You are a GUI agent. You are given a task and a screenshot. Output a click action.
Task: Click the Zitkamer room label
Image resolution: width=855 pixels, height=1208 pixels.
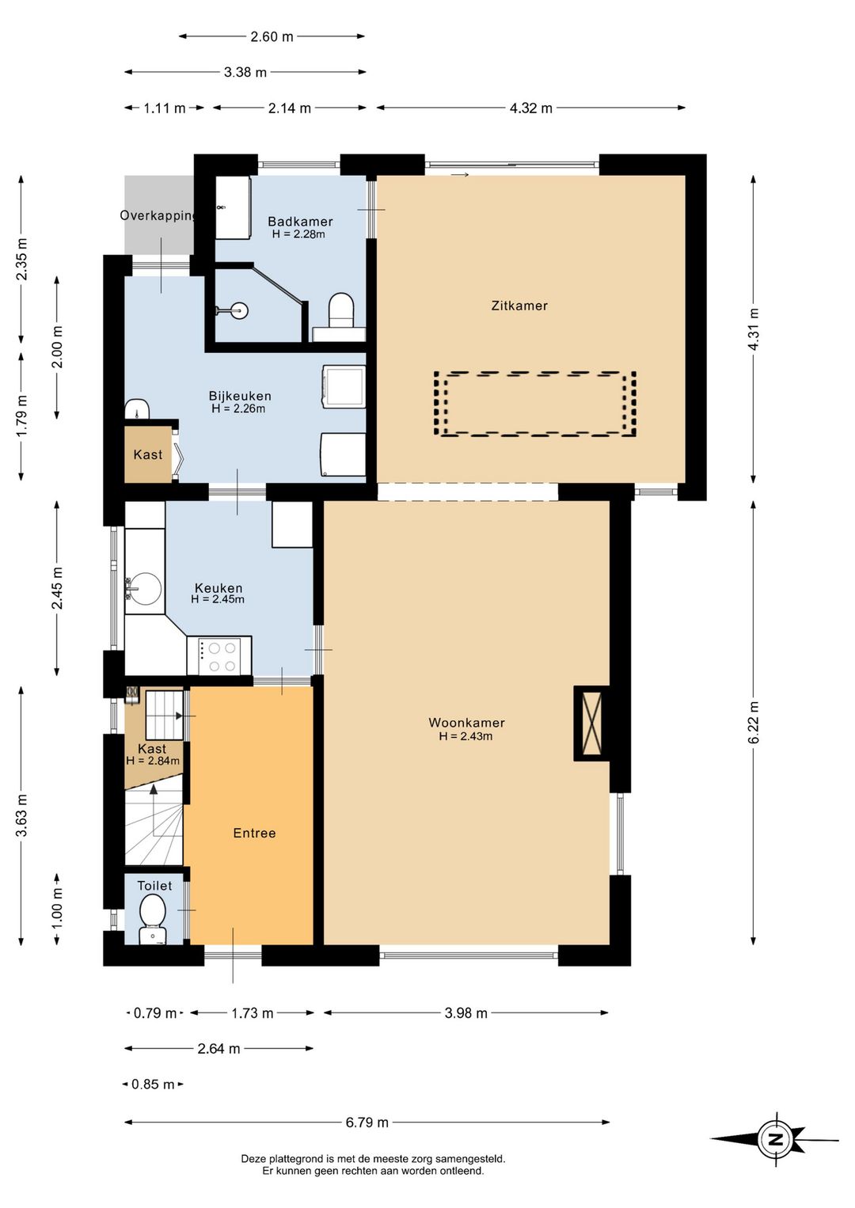point(519,306)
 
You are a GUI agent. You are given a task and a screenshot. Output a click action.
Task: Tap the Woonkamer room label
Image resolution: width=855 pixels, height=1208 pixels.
point(466,722)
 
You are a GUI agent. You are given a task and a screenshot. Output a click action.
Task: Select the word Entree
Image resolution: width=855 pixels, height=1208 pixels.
point(254,833)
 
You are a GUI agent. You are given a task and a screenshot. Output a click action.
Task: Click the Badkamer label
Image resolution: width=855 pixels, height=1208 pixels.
point(300,221)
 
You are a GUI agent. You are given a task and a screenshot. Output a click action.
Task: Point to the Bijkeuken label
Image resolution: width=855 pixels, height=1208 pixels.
point(240,396)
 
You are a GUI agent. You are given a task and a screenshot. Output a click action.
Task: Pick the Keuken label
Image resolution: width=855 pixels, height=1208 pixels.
point(218,588)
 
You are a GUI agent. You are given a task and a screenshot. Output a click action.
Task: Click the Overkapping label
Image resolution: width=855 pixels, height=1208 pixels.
point(158,215)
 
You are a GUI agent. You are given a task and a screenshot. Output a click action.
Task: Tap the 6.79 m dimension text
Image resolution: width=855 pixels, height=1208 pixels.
point(367,1122)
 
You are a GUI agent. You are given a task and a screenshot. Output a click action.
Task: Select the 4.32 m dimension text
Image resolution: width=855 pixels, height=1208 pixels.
point(530,108)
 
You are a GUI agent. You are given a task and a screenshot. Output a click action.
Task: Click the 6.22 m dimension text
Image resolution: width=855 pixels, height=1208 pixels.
point(754,722)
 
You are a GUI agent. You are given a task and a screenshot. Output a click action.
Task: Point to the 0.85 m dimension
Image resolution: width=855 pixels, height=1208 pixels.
point(153,1084)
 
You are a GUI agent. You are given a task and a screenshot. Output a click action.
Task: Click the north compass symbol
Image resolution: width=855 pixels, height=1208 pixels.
point(775,1139)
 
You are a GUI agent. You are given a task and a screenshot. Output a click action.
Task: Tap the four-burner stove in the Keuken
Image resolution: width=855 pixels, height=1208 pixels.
point(219,655)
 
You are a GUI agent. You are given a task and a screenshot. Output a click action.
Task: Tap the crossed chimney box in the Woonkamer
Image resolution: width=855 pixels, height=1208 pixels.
point(591,724)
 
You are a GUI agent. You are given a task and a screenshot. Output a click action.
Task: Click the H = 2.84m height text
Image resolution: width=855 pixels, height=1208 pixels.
point(153,761)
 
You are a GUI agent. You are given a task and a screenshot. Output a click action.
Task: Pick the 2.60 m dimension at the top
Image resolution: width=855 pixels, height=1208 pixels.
point(272,36)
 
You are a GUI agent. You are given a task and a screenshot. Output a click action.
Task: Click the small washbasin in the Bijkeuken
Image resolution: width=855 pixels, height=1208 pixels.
point(137,409)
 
